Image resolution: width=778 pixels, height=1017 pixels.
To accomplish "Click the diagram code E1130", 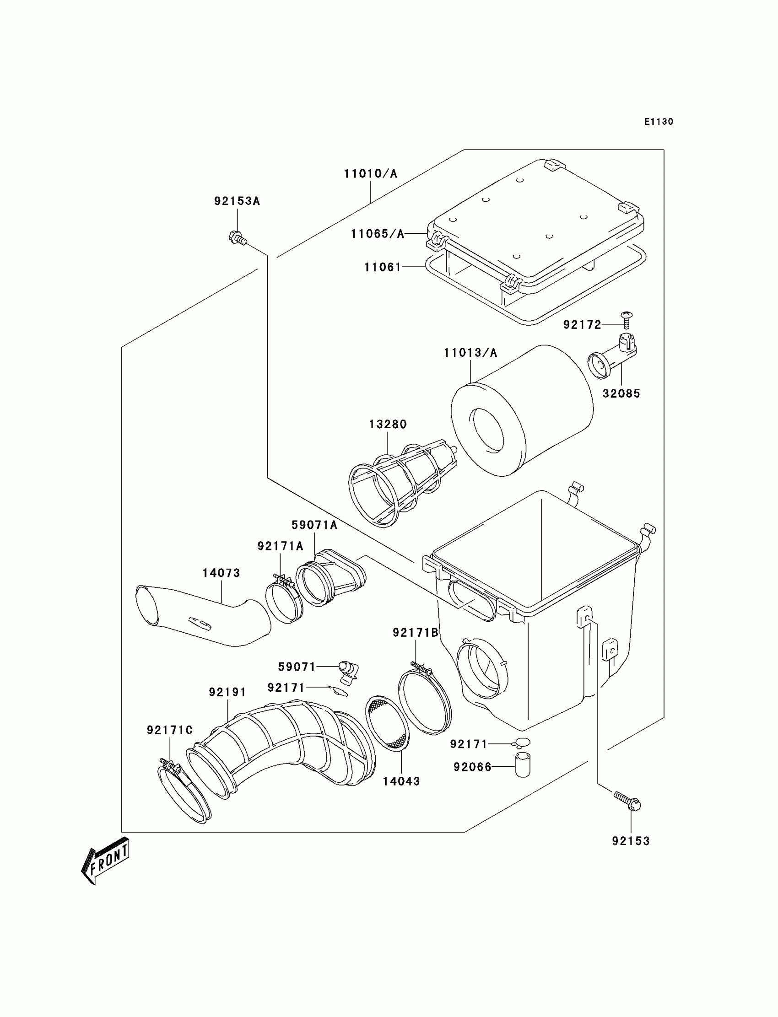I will click(x=659, y=122).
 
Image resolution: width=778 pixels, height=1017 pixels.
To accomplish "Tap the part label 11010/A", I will click(x=371, y=174).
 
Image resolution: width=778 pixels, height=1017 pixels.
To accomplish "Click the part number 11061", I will click(x=383, y=268).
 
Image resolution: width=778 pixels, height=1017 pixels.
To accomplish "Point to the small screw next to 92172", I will click(x=627, y=320).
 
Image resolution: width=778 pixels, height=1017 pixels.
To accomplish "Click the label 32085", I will click(x=621, y=394).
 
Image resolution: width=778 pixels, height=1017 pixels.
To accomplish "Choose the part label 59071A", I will click(x=314, y=525).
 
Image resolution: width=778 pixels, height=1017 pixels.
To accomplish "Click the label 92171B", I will click(x=416, y=633).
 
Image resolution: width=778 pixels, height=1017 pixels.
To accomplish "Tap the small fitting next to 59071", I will click(x=348, y=672).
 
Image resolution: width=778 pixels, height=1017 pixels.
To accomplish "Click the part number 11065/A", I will click(x=378, y=234).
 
